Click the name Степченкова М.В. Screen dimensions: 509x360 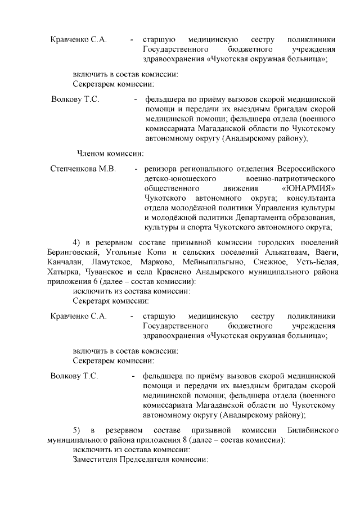pyautogui.click(x=83, y=169)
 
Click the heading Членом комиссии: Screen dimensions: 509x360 pyautogui.click(x=110, y=152)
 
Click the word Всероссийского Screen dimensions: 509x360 pyautogui.click(x=306, y=169)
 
